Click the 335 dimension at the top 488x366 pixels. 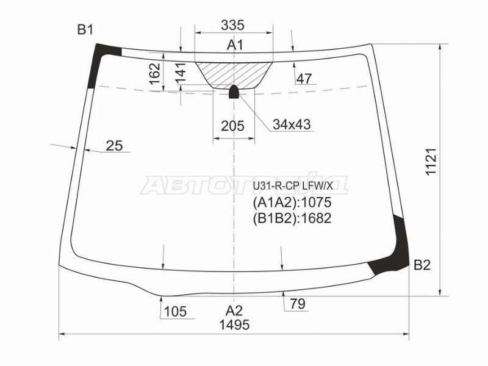(x=233, y=25)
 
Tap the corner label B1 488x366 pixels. (x=85, y=30)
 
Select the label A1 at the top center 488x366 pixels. (x=235, y=45)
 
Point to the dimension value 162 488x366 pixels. (x=155, y=74)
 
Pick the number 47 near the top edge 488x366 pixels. (x=304, y=79)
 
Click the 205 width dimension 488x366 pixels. (x=233, y=126)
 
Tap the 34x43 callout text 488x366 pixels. (x=292, y=124)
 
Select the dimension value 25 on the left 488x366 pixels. (x=114, y=145)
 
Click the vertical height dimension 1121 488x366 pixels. (x=432, y=162)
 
